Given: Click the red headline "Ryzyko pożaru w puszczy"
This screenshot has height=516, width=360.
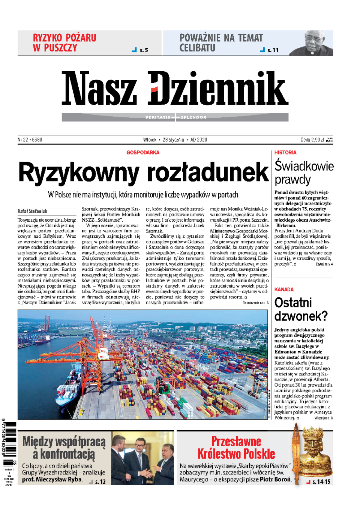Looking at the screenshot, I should (x=64, y=43).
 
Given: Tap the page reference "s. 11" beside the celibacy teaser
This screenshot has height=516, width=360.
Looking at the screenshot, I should (x=273, y=50).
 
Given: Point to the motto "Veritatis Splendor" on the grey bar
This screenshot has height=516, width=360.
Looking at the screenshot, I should (x=175, y=117).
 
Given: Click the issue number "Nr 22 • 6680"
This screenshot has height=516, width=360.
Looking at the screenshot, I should (x=30, y=140).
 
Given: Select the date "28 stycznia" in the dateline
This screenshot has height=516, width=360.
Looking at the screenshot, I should (x=173, y=140).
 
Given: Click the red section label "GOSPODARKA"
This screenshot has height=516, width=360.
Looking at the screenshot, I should (x=143, y=153).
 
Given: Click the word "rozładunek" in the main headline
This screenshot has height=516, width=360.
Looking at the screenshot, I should (x=208, y=173).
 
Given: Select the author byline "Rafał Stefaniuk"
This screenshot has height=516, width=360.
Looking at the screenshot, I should (x=32, y=211).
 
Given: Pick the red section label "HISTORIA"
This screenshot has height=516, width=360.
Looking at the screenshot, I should (x=285, y=153).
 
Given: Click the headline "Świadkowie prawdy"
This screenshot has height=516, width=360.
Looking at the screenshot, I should (x=304, y=172).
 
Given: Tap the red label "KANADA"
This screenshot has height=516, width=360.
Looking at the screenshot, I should (x=284, y=289).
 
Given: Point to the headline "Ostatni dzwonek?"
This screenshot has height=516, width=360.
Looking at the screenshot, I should (x=301, y=309).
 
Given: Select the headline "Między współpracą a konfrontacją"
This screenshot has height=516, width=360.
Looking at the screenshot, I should (x=64, y=448).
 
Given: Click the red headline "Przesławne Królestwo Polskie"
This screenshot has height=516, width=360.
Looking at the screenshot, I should (x=236, y=447).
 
